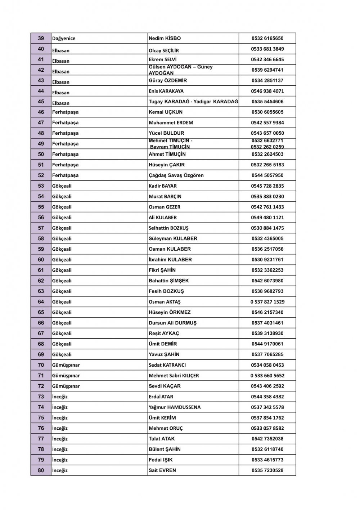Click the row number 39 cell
click(x=41, y=39)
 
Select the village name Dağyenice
click(x=64, y=39)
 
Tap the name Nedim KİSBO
click(x=165, y=39)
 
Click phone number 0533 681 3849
click(x=267, y=49)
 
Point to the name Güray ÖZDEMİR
click(x=168, y=81)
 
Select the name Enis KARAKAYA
click(x=166, y=91)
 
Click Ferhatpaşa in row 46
click(x=65, y=112)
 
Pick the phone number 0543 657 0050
click(x=267, y=133)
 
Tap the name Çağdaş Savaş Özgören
click(x=176, y=175)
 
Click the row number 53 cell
click(x=41, y=186)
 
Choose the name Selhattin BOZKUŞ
click(x=168, y=228)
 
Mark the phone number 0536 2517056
click(x=267, y=249)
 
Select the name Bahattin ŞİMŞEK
click(x=168, y=281)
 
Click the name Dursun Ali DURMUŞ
click(x=172, y=323)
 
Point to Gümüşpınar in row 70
click(x=66, y=365)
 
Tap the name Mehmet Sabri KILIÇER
click(x=174, y=376)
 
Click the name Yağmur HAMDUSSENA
click(x=175, y=407)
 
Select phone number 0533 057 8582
click(x=267, y=428)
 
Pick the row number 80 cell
click(x=41, y=470)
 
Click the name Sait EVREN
click(x=162, y=470)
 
